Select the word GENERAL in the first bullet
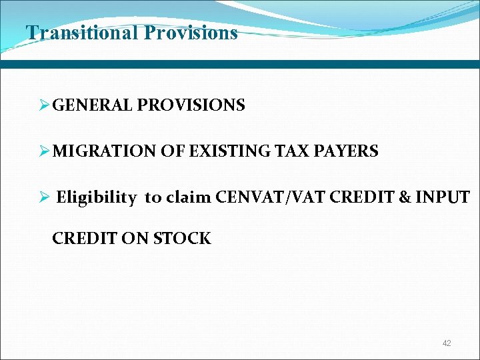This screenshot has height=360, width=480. [93, 105]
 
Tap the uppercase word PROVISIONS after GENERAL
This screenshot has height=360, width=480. [191, 105]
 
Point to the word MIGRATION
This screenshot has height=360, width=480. [105, 151]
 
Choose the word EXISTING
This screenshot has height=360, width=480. [228, 151]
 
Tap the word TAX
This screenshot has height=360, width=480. [289, 151]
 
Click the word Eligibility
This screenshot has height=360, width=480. [98, 197]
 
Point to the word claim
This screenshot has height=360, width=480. [189, 197]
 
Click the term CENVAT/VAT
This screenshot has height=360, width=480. [265, 197]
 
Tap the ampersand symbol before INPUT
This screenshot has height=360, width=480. [399, 197]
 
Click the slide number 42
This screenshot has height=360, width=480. [447, 343]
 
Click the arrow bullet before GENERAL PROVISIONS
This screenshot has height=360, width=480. [45, 105]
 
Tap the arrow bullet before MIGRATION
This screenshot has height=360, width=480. [45, 151]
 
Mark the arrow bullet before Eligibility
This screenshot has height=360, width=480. [45, 197]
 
